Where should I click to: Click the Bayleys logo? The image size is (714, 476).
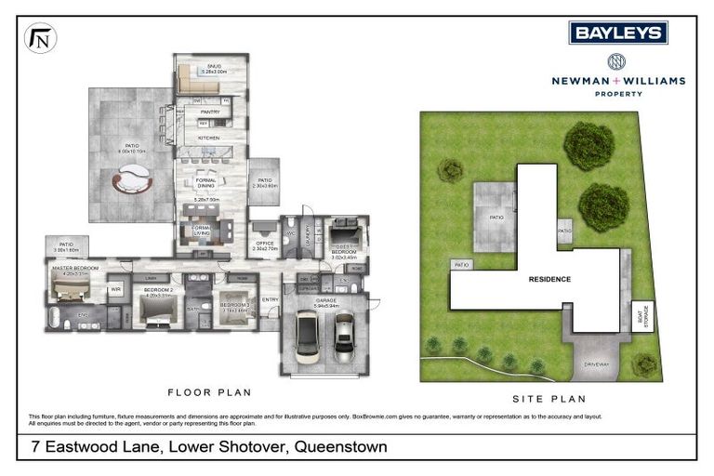(x=618, y=33)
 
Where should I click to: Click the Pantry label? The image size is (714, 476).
(x=209, y=112)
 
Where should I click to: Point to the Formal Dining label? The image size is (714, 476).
(x=206, y=183)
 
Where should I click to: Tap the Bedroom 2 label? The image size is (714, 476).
(x=154, y=291)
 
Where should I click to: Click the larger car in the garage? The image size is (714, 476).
(x=307, y=341)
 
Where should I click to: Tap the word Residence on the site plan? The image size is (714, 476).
(x=549, y=279)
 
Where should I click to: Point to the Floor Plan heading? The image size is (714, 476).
(x=209, y=392)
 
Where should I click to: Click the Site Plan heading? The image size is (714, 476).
(x=549, y=400)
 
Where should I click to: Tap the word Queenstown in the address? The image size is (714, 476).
(x=340, y=447)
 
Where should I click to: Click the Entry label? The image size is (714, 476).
(x=271, y=299)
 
